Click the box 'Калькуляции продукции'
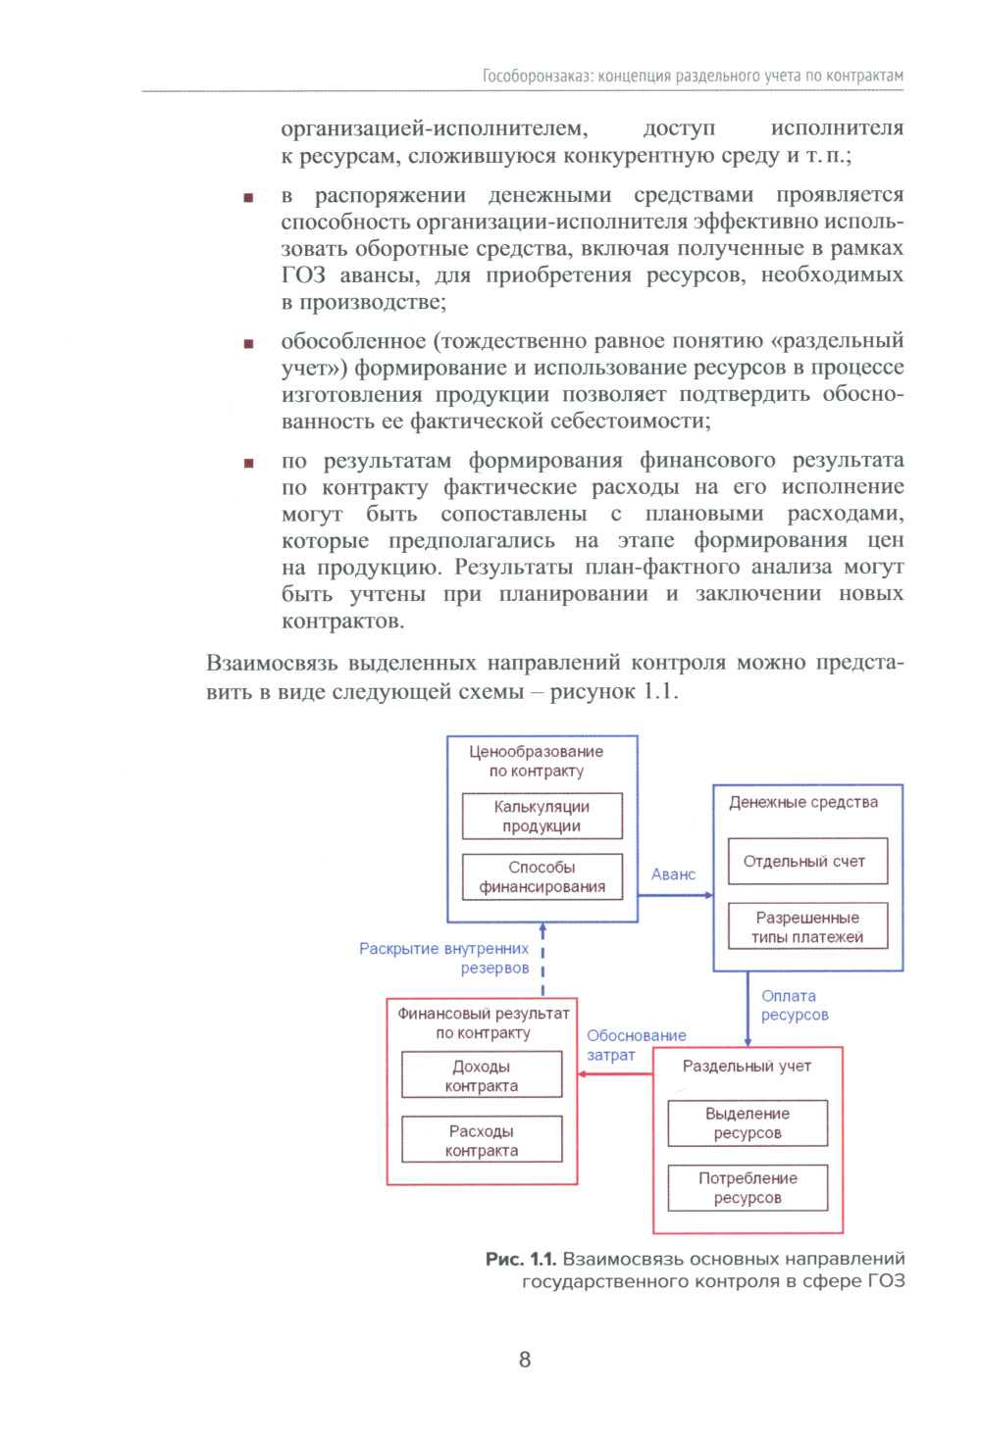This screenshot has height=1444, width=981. click(x=542, y=816)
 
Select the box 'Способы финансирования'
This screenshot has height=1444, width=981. click(x=542, y=876)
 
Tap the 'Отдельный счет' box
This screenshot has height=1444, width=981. click(x=806, y=862)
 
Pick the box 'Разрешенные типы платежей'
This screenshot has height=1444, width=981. click(x=806, y=926)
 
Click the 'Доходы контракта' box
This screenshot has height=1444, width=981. click(x=481, y=1075)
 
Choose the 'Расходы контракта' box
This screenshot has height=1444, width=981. click(x=481, y=1140)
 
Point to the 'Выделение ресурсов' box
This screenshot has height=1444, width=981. click(x=748, y=1122)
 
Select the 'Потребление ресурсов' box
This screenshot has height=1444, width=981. click(x=748, y=1187)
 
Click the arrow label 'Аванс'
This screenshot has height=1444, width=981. click(x=673, y=874)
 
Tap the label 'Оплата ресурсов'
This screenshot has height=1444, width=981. click(x=794, y=1005)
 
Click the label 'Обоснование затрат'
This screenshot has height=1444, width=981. click(x=636, y=1045)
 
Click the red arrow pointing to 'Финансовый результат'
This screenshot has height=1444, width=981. click(x=615, y=1074)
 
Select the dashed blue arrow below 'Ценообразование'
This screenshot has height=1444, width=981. click(x=542, y=958)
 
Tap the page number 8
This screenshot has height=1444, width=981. click(x=525, y=1359)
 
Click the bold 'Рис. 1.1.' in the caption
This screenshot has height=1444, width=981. click(x=520, y=1259)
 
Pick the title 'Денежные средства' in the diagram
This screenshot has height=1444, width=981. click(x=802, y=802)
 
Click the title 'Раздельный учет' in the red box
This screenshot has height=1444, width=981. click(x=747, y=1066)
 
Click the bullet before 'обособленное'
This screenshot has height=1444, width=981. click(x=248, y=343)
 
